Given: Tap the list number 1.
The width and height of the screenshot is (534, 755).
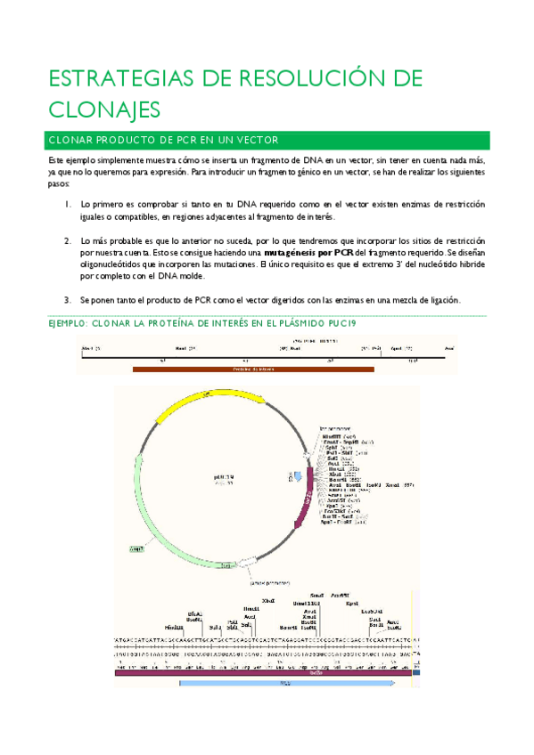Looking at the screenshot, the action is click(68, 204).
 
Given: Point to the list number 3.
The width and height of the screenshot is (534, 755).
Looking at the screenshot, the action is click(68, 299).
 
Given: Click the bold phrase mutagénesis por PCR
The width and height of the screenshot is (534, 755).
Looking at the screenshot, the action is click(302, 252).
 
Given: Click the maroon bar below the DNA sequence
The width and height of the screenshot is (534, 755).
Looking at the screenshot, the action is click(264, 674).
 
